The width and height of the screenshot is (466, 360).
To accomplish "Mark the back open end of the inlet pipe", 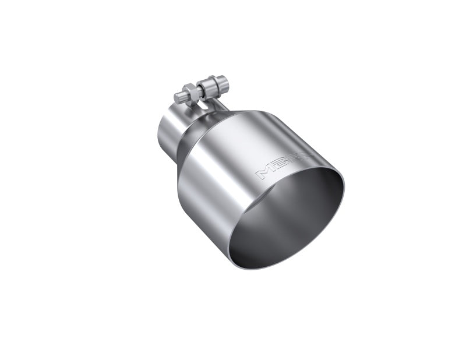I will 160,132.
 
